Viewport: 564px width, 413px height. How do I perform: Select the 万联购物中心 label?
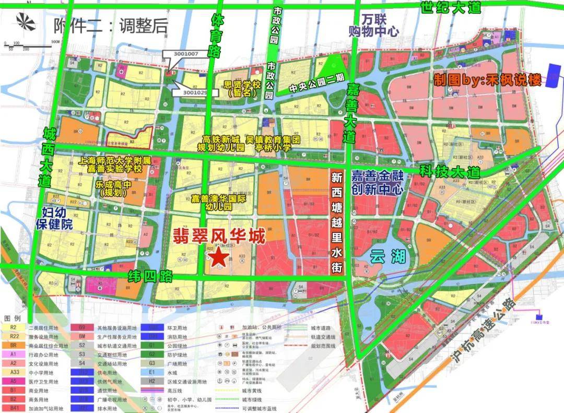(x=374, y=26)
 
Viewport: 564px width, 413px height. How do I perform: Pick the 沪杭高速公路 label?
(x=482, y=333)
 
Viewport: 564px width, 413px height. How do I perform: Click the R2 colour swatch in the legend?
(x=14, y=327)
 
